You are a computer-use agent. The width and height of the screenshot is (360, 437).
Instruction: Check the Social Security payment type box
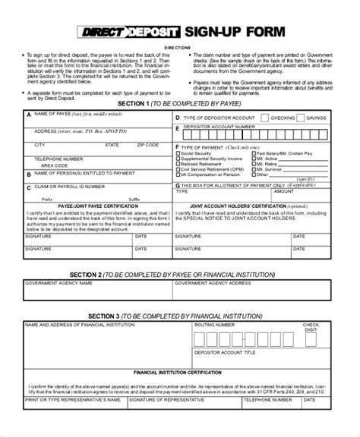click(x=178, y=154)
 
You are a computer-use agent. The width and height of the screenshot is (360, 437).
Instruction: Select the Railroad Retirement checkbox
click(x=178, y=164)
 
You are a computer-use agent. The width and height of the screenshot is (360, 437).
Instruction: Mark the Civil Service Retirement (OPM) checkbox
click(x=178, y=169)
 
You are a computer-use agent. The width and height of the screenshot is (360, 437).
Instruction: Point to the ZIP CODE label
click(x=148, y=143)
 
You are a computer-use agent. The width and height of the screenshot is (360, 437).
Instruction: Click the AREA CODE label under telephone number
click(x=55, y=164)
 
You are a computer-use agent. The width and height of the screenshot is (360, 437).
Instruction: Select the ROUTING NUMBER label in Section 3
click(x=214, y=325)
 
